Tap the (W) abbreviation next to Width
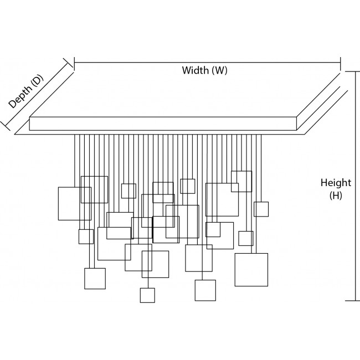click(219, 71)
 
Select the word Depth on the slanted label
click(21, 96)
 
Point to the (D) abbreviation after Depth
click(37, 80)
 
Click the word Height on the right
click(336, 183)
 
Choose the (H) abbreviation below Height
click(336, 196)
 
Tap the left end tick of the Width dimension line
click(74, 63)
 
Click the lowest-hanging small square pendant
click(147, 295)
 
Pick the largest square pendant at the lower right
click(251, 270)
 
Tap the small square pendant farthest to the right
click(261, 209)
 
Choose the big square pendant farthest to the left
click(74, 203)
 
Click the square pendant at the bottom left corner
click(95, 279)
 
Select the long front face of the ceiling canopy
click(163, 124)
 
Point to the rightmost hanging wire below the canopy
click(261, 166)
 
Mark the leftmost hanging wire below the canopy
click(75, 161)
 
